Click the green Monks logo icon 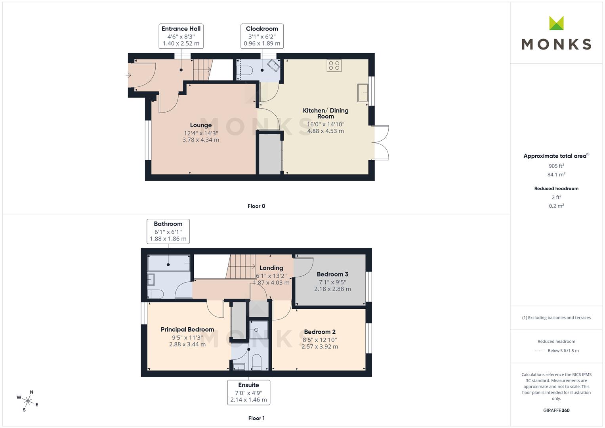556,23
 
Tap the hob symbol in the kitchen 334,65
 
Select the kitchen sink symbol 363,93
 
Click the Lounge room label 201,125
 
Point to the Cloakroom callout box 262,36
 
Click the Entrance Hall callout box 181,36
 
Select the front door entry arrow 128,75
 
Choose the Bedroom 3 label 332,274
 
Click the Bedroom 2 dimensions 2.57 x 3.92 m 320,347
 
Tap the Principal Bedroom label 187,329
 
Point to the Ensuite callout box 248,392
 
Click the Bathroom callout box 168,231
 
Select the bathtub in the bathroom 169,263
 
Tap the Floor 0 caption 256,206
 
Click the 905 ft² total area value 556,166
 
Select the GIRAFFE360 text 556,411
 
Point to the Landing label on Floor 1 271,268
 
